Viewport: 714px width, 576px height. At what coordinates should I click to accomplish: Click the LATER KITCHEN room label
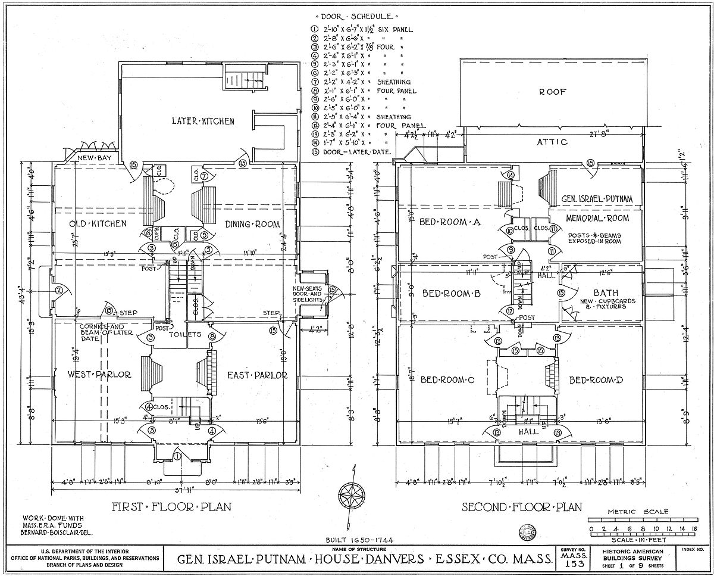203,121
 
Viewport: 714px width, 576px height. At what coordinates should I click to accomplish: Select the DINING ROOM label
253,224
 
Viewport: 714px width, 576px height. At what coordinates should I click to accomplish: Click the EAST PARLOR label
257,375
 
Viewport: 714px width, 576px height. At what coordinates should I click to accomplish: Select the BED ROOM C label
447,379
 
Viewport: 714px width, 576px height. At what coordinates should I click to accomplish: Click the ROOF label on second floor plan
553,92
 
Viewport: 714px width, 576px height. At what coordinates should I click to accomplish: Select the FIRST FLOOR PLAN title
171,507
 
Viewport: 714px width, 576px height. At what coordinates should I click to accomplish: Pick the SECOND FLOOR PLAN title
522,507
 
